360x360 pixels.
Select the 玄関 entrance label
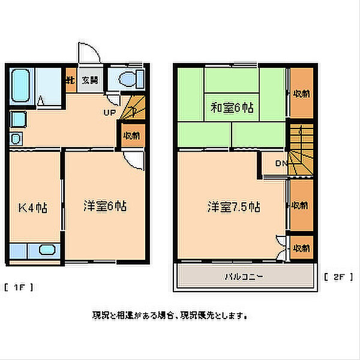[x=90, y=80]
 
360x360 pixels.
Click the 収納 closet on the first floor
[x=131, y=135]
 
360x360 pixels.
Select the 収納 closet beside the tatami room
[x=301, y=94]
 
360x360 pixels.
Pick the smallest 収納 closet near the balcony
[x=301, y=247]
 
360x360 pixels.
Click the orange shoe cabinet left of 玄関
[x=70, y=80]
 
